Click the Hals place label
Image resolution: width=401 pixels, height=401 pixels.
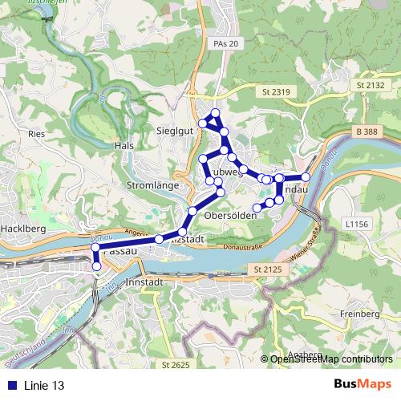(124, 146)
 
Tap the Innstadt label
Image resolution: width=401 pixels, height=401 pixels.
(145, 282)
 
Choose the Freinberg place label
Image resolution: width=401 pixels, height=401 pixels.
(358, 313)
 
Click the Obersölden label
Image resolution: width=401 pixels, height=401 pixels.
(230, 216)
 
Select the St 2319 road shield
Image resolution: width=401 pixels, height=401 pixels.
(275, 93)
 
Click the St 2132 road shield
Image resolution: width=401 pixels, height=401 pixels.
(370, 84)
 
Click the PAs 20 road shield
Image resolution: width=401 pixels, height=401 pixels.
(227, 43)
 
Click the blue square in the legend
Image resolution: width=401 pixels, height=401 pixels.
(11, 385)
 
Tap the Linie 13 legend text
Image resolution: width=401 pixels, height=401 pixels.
(44, 385)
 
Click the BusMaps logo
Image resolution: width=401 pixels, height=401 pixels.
(363, 384)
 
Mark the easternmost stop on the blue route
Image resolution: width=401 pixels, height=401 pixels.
(306, 176)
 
